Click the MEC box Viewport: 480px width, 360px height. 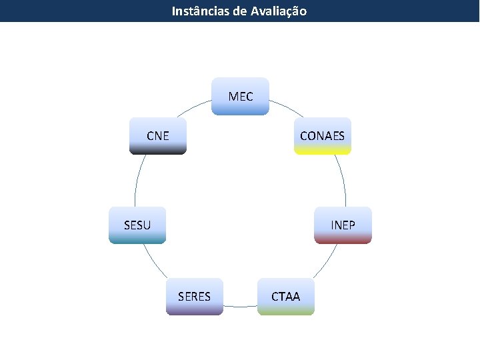tap(241, 97)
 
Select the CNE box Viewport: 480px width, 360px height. tap(158, 136)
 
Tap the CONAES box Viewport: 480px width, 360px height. tap(323, 136)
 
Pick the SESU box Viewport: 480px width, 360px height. tap(137, 225)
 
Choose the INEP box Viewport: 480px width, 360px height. tap(343, 225)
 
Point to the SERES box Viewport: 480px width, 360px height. tap(194, 296)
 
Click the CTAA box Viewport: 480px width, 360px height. tap(286, 296)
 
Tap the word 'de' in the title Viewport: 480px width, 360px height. tap(239, 11)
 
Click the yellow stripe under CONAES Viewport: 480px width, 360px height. tap(323, 151)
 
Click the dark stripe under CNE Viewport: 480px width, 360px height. tap(158, 151)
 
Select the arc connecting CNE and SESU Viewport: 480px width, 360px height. tap(137, 180)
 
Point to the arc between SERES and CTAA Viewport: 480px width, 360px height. tap(240, 307)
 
